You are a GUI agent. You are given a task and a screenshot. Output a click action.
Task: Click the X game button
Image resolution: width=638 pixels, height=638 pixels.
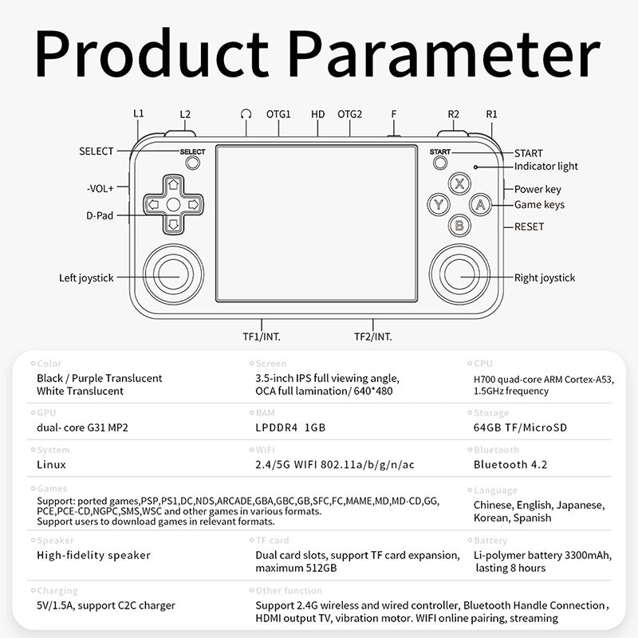coord(459,183)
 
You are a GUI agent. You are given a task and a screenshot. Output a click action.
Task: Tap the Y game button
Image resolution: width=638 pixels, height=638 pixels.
coord(439,204)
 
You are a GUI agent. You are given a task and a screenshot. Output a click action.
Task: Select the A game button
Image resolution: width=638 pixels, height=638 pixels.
coord(481,204)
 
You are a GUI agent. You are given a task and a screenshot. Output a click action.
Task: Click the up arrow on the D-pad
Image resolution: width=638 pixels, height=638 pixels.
coord(173,184)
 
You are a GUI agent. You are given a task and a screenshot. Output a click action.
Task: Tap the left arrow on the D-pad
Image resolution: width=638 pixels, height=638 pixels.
coord(153,204)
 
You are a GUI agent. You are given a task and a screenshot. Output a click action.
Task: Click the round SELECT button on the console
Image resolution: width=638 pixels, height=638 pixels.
coord(192,163)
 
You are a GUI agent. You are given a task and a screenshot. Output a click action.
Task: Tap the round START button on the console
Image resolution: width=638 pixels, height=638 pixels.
coord(440,163)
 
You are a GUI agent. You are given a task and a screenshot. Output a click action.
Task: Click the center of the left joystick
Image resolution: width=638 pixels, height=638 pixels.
coord(173,274)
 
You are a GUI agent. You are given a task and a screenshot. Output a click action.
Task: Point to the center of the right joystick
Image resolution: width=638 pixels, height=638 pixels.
coord(459,274)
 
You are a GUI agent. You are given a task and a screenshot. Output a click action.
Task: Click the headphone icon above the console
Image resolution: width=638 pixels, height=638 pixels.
coord(246,114)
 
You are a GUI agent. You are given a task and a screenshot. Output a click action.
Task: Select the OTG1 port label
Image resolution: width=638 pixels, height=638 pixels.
coord(278,114)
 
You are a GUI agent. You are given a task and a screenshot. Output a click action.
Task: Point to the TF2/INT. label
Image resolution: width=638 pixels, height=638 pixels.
coord(372,337)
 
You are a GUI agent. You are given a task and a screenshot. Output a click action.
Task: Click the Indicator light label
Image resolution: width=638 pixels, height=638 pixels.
coord(546,167)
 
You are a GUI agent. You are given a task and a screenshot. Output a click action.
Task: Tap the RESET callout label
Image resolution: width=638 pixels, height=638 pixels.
coord(529,226)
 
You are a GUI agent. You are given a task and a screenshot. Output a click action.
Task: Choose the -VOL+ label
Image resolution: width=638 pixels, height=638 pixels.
coord(100,188)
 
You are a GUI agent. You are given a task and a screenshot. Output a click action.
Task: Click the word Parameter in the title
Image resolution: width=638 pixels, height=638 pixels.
coord(444,54)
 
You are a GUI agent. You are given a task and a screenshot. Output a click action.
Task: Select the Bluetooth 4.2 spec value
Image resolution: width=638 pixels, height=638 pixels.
coord(510,465)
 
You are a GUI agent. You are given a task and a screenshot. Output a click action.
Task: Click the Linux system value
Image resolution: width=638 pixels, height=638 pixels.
coord(51,465)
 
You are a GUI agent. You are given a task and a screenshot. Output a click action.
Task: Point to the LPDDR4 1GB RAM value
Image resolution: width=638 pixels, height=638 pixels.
coord(290,427)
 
